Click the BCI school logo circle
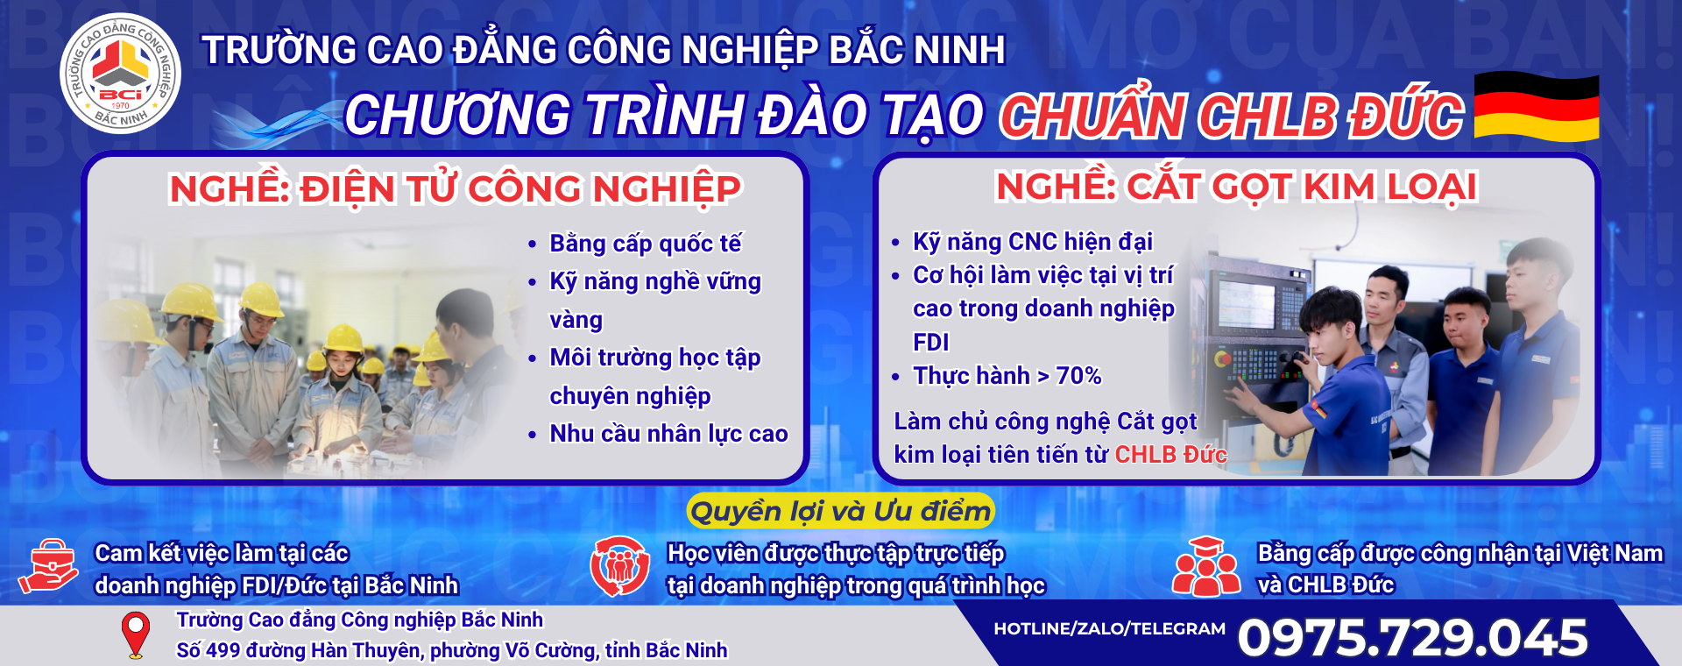pos(120,73)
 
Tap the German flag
pos(1537,107)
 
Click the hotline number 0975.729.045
pos(1412,637)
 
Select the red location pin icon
pos(135,635)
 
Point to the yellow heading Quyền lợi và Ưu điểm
pos(840,511)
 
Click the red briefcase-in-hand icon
pos(49,566)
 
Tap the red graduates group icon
pos(1205,567)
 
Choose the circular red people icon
pos(619,566)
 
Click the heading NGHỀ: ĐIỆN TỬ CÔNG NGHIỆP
pos(455,189)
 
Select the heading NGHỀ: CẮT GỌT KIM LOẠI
pos(1236,187)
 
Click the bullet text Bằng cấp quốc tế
pos(646,244)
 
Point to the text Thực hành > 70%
pos(1007,376)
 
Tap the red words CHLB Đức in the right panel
pos(1170,454)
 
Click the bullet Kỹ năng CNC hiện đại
pos(1033,242)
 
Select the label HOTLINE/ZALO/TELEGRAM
pos(1109,628)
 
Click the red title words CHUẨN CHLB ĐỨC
pos(1231,117)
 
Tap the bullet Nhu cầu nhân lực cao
pos(668,434)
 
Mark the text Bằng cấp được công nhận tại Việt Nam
pos(1460,554)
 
